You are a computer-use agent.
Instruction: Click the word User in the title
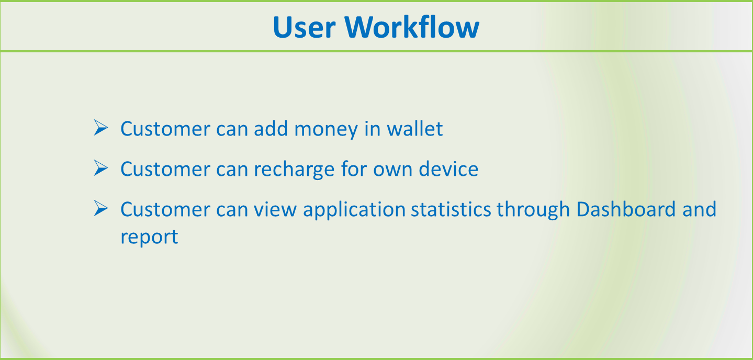pos(304,27)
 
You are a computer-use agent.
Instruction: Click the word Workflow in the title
pos(412,27)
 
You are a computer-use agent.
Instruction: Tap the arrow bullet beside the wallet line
pos(101,128)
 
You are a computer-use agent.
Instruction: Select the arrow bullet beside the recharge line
pos(101,168)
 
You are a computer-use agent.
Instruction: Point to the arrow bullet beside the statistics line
pos(101,208)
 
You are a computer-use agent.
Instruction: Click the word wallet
pos(415,128)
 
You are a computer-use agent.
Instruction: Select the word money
pos(325,131)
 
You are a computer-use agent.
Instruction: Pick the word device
pos(448,168)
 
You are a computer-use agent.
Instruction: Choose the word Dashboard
pos(626,209)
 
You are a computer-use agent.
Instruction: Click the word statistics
pos(451,209)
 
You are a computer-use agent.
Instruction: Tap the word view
pos(275,209)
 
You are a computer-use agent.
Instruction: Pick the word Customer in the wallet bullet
pos(165,128)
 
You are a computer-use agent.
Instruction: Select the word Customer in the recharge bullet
pos(165,168)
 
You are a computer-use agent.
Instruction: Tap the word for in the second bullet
pos(354,168)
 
